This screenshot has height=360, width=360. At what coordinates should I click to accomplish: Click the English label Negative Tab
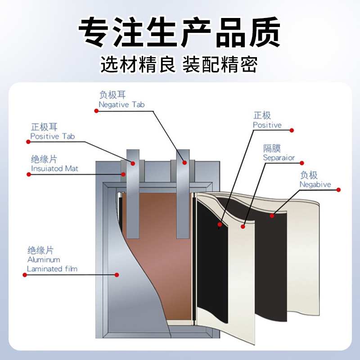pyautogui.click(x=121, y=105)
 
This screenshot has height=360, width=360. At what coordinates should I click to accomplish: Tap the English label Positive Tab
pyautogui.click(x=53, y=136)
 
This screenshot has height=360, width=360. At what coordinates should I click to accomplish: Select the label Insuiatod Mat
pyautogui.click(x=54, y=168)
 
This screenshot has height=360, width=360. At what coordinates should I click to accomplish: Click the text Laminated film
pyautogui.click(x=52, y=269)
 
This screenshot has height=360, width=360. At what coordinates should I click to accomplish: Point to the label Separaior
pyautogui.click(x=279, y=158)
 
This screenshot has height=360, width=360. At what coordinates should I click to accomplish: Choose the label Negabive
pyautogui.click(x=315, y=184)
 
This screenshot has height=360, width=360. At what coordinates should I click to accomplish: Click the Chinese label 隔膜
pyautogui.click(x=272, y=148)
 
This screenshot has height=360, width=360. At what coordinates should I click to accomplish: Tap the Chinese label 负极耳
pyautogui.click(x=112, y=95)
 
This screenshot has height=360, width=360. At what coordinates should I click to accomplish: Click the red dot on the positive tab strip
pyautogui.click(x=133, y=163)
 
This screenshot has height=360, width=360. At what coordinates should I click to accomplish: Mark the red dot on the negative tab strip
pyautogui.click(x=184, y=162)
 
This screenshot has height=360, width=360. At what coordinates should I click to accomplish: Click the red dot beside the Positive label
pyautogui.click(x=292, y=130)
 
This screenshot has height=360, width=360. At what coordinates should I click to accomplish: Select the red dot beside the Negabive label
pyautogui.click(x=338, y=189)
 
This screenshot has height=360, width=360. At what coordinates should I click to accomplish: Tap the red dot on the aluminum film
pyautogui.click(x=117, y=275)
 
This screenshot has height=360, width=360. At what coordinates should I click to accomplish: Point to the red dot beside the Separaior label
pyautogui.click(x=302, y=163)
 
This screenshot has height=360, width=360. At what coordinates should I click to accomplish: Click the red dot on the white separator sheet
pyautogui.click(x=243, y=227)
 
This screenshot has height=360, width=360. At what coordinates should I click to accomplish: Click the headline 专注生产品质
pyautogui.click(x=179, y=32)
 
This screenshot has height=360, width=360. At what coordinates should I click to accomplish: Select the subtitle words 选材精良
pyautogui.click(x=138, y=64)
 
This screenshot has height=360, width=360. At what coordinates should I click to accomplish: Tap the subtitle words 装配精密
pyautogui.click(x=220, y=64)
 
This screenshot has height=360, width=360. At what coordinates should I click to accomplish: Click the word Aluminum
pyautogui.click(x=44, y=260)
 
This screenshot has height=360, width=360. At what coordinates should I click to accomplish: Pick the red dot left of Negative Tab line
pyautogui.click(x=96, y=111)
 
